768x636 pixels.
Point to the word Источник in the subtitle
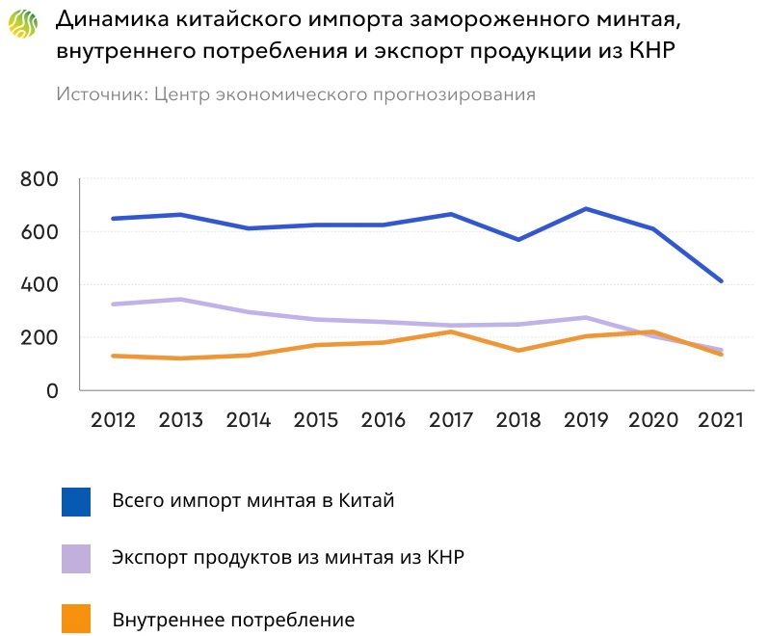(x=99, y=94)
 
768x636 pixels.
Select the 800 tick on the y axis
(x=39, y=179)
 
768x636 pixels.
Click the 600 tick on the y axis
(x=39, y=232)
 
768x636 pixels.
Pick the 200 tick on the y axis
(x=39, y=338)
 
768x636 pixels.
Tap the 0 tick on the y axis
(x=52, y=391)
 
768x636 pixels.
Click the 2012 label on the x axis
(x=113, y=421)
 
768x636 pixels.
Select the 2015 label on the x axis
(x=316, y=421)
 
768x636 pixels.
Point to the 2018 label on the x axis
(x=519, y=421)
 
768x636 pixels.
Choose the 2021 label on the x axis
(x=721, y=421)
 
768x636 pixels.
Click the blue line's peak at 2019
(x=586, y=209)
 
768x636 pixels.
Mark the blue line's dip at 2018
(x=518, y=239)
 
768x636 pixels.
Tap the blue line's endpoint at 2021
(x=721, y=281)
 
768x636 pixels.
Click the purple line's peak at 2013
(x=180, y=300)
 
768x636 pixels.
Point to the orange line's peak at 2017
(x=451, y=331)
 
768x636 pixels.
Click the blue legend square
(x=75, y=502)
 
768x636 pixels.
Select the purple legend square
(x=75, y=559)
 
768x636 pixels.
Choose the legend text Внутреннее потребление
(x=233, y=619)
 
